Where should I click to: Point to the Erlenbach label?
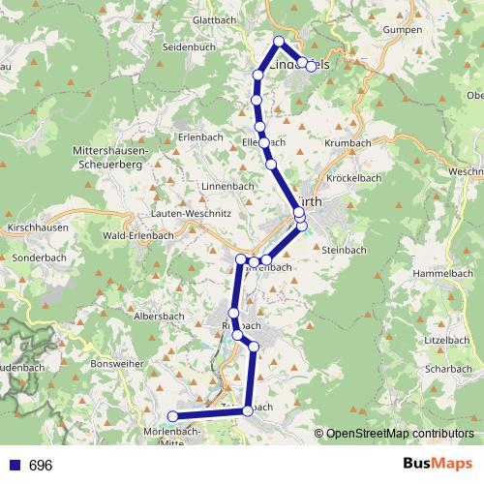click(x=201, y=137)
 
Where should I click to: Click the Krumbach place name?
click(x=348, y=142)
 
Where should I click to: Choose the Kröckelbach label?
click(x=354, y=178)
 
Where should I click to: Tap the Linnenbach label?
click(x=225, y=186)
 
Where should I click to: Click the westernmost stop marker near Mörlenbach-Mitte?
click(x=173, y=416)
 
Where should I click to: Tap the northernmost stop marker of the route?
click(x=279, y=41)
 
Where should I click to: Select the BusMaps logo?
click(x=437, y=465)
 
